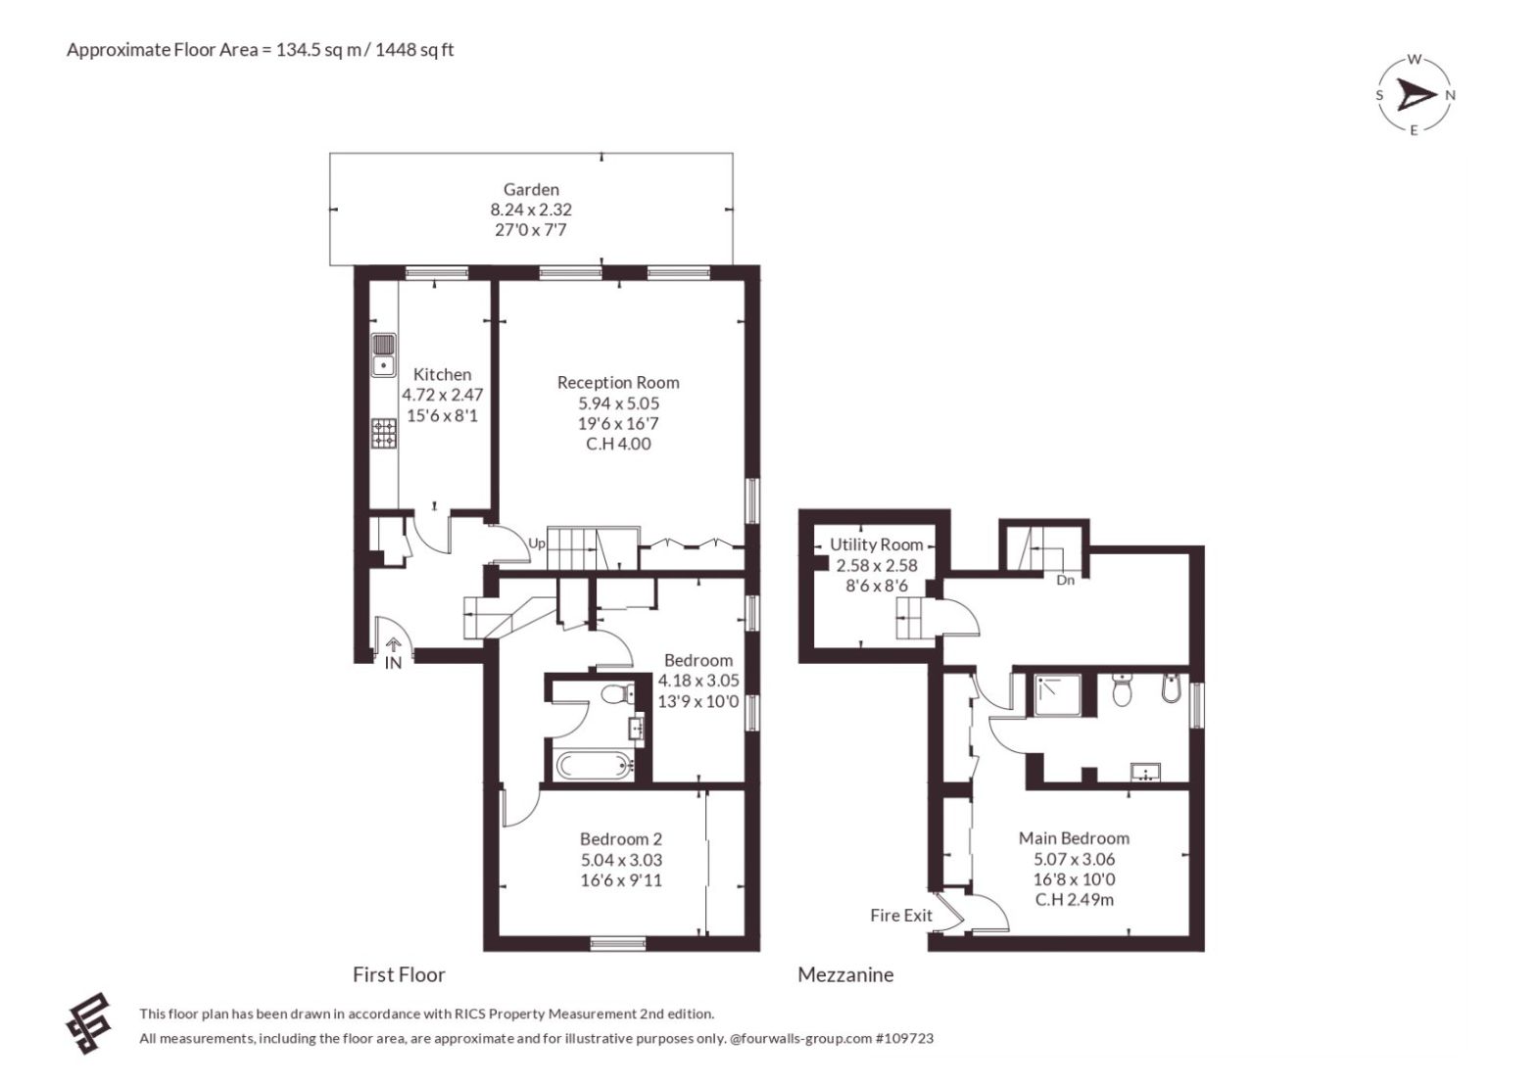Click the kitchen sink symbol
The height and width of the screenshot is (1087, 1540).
coord(384,355)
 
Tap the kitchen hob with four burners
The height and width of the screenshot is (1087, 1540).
coord(384,434)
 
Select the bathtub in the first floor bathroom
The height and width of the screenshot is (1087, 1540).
coord(595,765)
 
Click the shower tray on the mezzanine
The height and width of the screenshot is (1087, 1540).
coord(1057,694)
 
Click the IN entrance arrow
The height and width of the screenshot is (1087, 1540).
coord(393,644)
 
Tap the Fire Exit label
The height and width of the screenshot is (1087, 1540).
coord(900,916)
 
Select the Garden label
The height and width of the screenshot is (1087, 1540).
coord(531,190)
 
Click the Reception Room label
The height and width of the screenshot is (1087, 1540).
coord(618,382)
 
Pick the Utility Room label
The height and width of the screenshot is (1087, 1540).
coord(876,544)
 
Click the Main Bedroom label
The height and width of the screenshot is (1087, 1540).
coord(1074,838)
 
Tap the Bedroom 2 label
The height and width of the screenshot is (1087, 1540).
coord(621,839)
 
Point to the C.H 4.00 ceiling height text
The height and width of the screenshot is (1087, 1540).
coord(618,444)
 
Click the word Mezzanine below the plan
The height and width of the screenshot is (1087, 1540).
coord(845,974)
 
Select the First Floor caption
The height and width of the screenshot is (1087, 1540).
coord(399,974)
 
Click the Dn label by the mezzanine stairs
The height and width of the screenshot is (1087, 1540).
coord(1065,580)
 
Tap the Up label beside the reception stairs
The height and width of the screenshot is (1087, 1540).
coord(537,543)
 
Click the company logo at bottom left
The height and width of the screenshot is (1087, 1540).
coord(88,1023)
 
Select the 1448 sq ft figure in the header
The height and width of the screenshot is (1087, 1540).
coord(413,50)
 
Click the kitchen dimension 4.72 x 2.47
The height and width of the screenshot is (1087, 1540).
coord(442,395)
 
